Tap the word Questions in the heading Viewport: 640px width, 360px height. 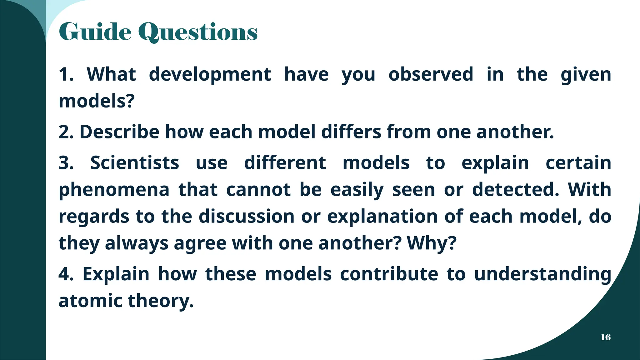click(198, 32)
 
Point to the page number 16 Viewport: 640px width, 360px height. click(606, 337)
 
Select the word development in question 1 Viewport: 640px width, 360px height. click(210, 75)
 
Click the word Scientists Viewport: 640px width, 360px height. click(135, 163)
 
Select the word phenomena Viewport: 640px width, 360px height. click(114, 190)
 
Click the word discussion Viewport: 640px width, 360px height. click(247, 216)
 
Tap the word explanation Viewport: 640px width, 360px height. click(382, 217)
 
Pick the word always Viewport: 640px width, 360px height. click(137, 244)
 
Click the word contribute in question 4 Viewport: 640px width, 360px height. click(389, 274)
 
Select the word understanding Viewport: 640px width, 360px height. click(542, 274)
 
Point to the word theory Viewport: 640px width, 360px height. click(161, 301)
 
